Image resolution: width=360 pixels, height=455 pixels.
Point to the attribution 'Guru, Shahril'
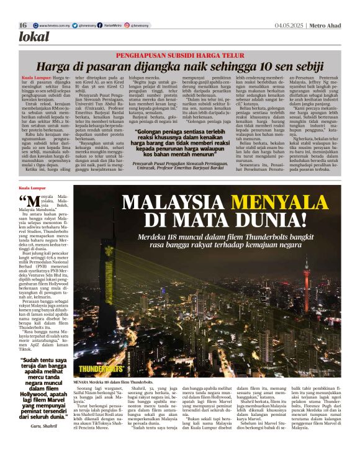43,428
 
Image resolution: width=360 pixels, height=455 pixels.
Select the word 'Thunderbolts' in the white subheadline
274,238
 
